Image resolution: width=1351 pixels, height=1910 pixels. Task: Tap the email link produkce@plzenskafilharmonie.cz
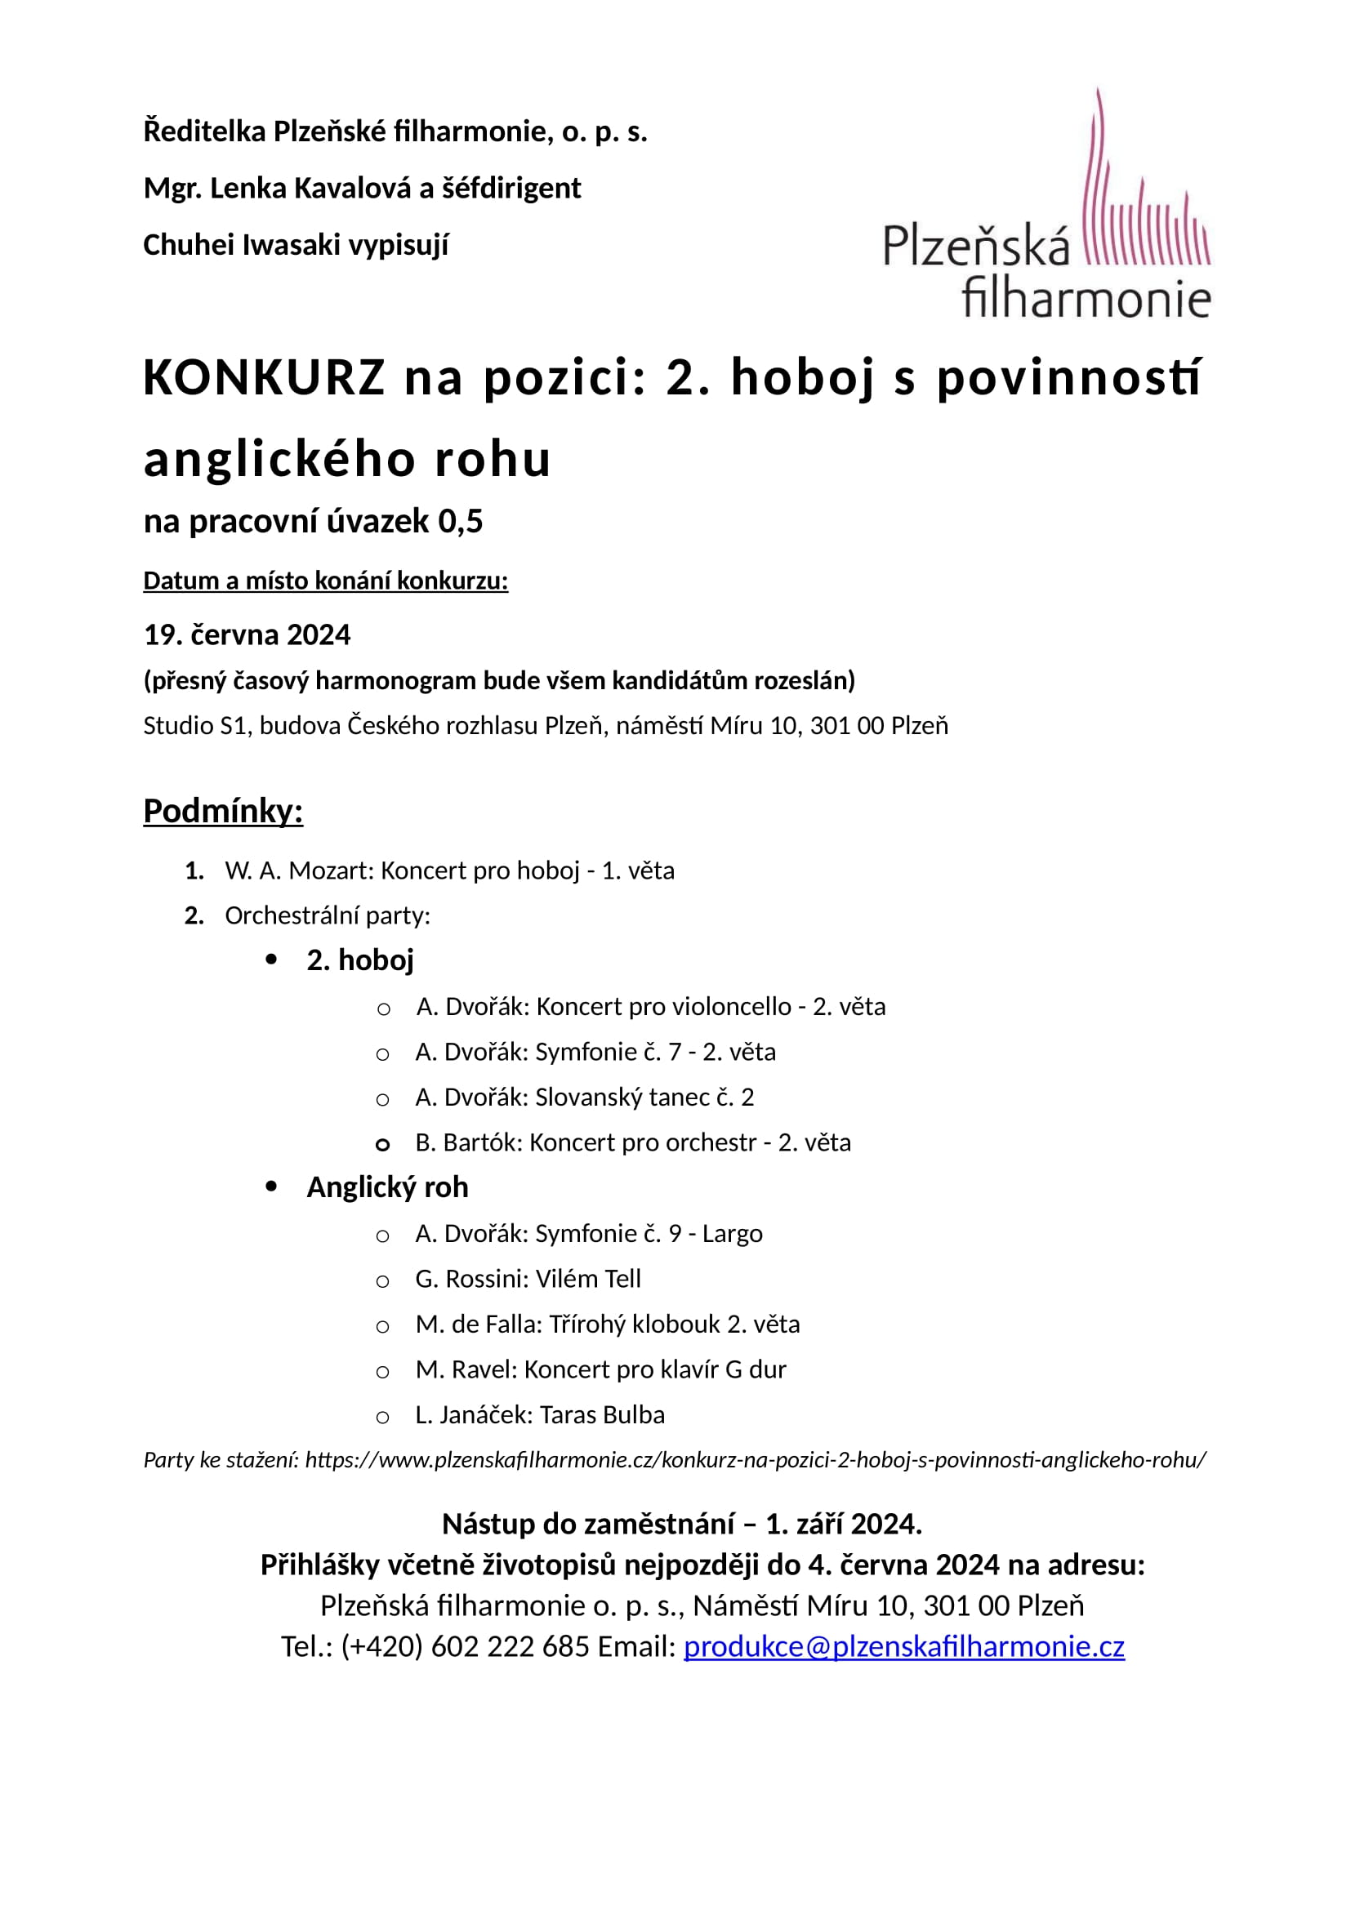pos(903,1646)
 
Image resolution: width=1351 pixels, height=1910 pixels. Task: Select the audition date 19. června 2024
pos(247,634)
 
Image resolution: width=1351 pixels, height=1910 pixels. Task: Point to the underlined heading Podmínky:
pos(223,811)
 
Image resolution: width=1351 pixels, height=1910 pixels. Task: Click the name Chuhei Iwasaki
pos(240,246)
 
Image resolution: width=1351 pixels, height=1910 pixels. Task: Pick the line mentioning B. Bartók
pos(632,1143)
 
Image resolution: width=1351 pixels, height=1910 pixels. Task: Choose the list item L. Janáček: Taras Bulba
pos(540,1415)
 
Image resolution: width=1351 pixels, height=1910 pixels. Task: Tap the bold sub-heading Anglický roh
pos(387,1187)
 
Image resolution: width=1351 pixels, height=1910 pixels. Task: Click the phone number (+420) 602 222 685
pos(465,1646)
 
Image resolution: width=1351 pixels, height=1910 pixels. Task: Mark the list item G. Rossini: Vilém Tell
pos(528,1279)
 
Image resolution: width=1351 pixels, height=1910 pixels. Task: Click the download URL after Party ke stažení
pos(755,1460)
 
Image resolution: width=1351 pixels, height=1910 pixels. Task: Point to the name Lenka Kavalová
pos(310,189)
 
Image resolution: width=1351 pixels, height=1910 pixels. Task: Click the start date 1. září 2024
pos(842,1524)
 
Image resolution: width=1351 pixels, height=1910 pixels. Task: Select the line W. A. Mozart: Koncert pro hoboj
pos(449,871)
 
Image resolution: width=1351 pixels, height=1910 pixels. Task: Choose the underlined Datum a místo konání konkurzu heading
pos(325,581)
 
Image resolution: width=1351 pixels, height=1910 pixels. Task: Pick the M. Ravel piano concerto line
pos(600,1369)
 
